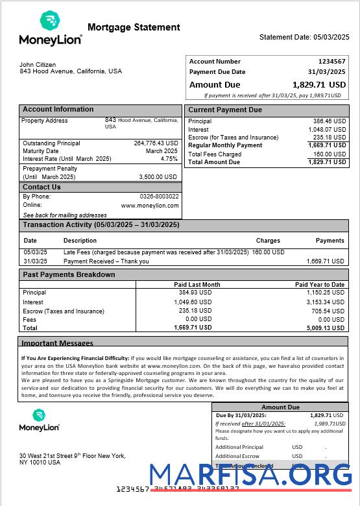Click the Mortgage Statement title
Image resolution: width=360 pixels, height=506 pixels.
[x=134, y=27]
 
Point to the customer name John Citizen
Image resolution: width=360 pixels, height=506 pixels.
[x=38, y=65]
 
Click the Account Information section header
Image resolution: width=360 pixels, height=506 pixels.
[x=58, y=110]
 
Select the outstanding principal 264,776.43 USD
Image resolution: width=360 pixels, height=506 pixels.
[x=156, y=143]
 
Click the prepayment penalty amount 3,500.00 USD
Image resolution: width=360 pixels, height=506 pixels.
[x=158, y=176]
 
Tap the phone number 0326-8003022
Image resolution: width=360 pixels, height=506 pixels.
[x=159, y=197]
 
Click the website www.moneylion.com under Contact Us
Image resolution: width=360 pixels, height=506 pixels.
[x=150, y=206]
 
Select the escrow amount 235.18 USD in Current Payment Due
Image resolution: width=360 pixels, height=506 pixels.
[x=330, y=138]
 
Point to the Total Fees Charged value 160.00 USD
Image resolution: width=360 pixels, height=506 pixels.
[x=330, y=154]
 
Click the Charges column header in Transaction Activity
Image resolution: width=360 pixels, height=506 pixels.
[x=268, y=241]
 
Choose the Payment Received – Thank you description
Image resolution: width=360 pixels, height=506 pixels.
[x=106, y=261]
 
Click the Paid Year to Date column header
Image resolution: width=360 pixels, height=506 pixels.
[x=319, y=285]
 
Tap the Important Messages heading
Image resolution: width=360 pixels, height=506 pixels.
[x=57, y=343]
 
